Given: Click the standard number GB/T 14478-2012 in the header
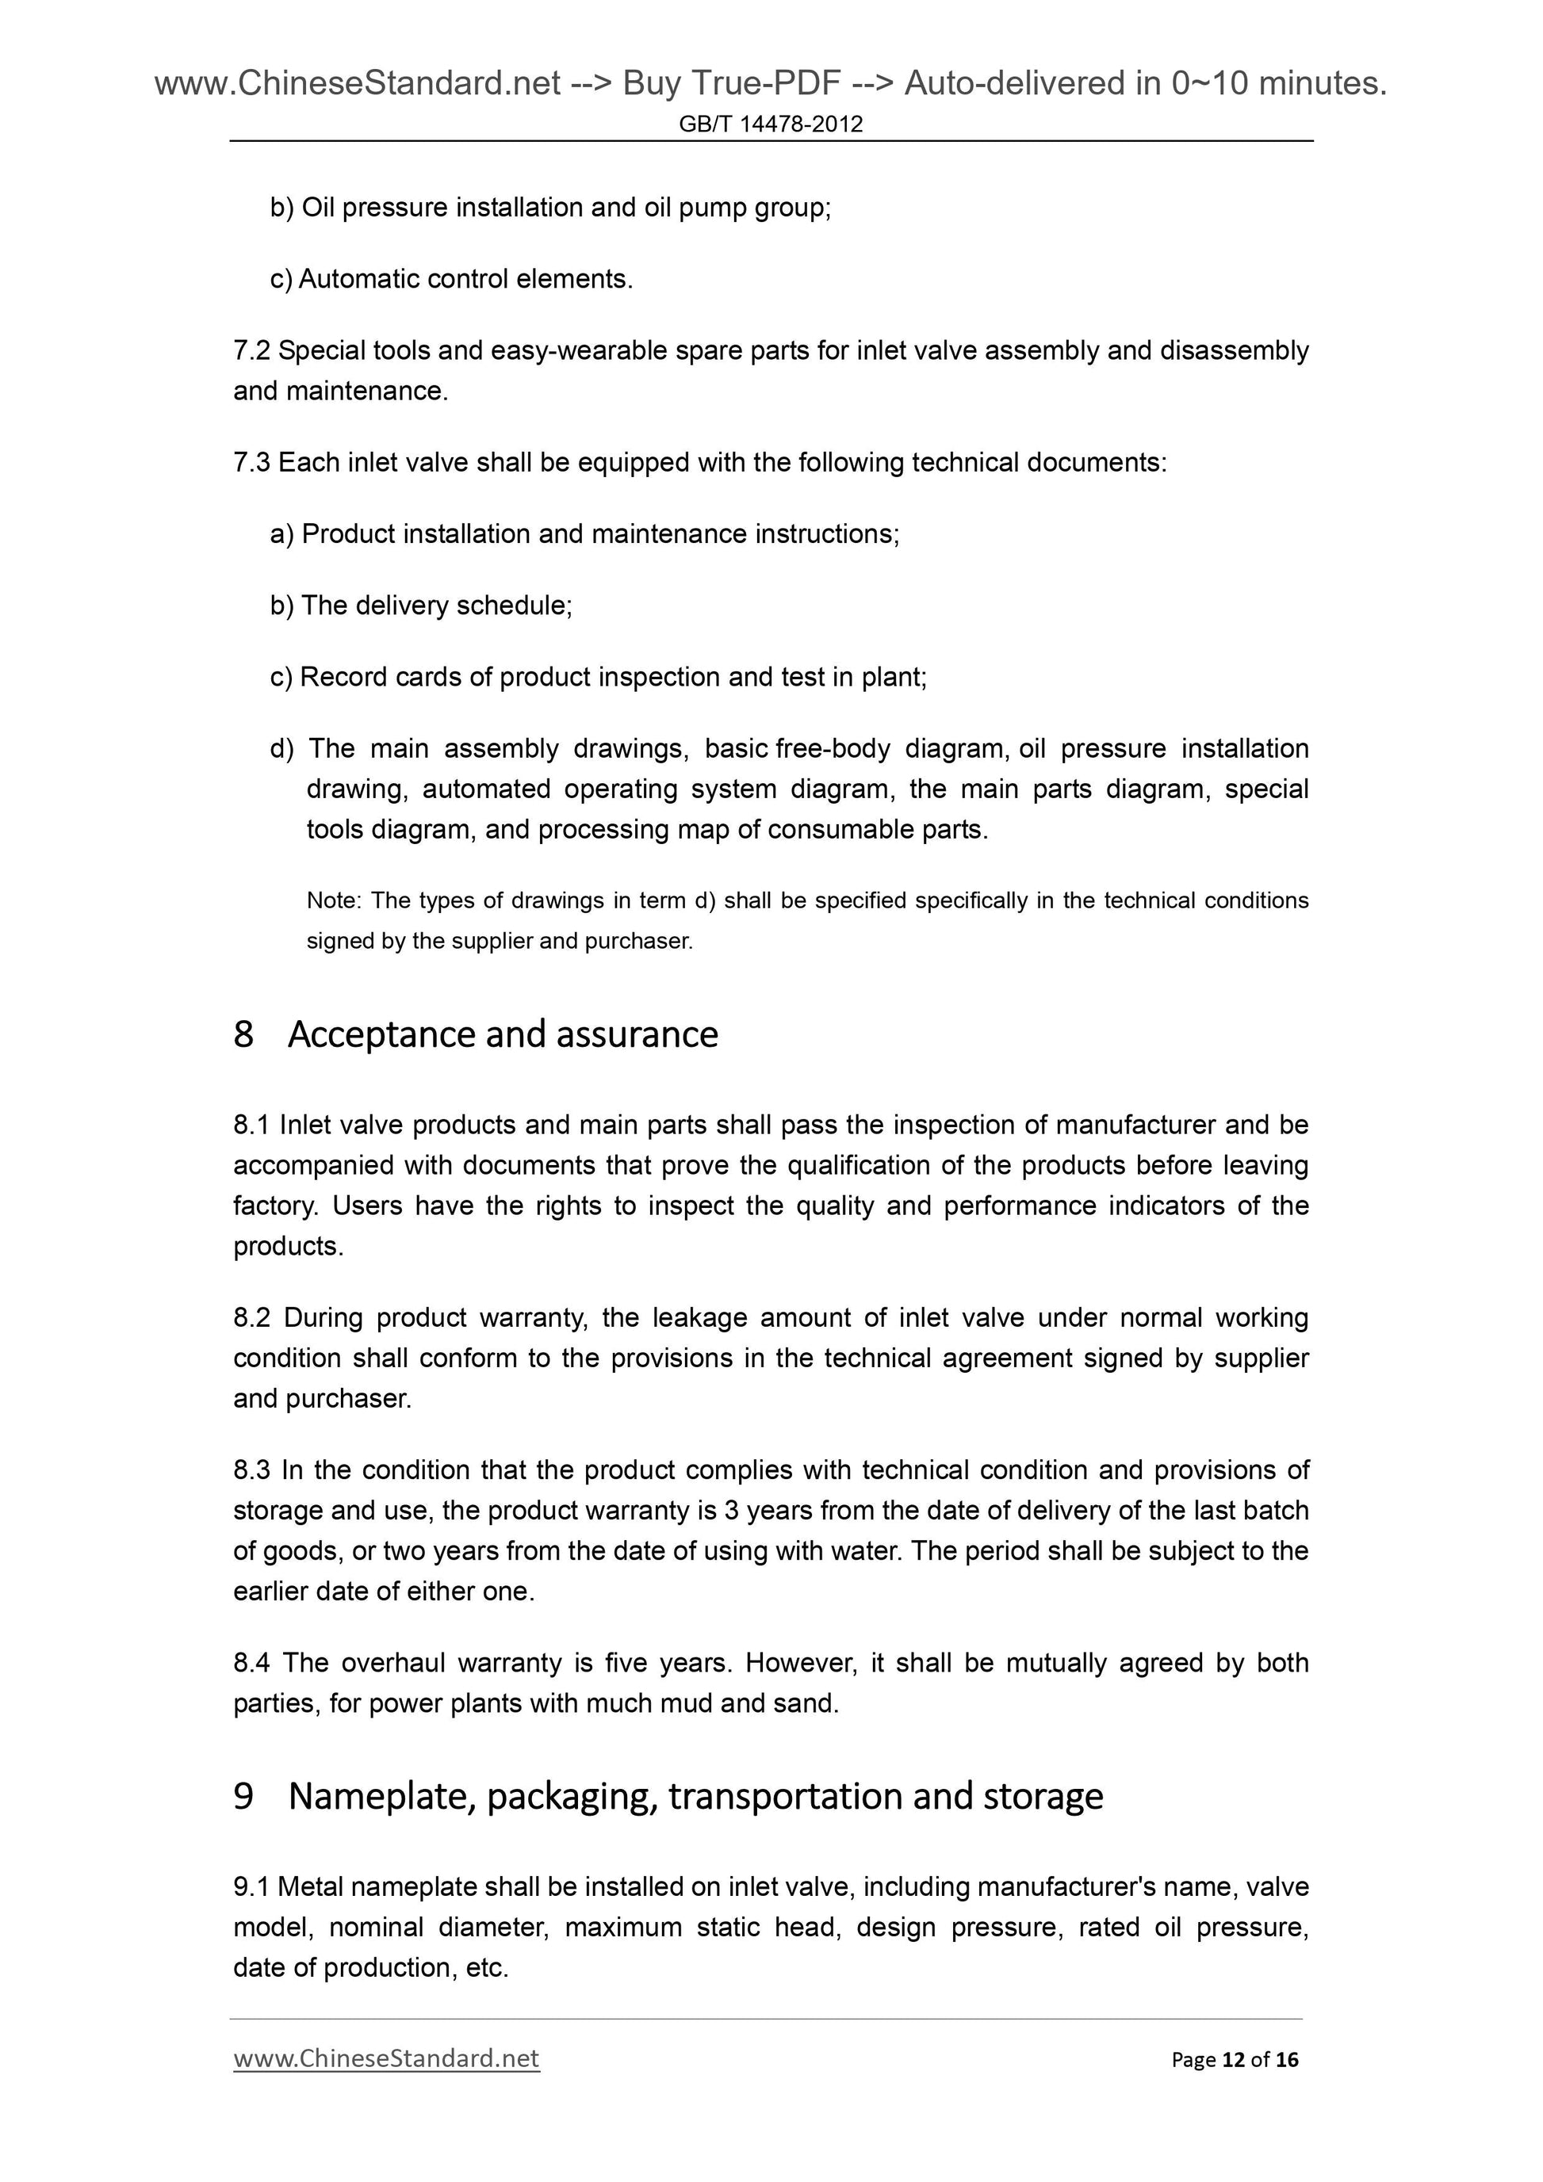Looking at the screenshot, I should (770, 124).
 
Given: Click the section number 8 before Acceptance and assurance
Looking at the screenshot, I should (243, 1034).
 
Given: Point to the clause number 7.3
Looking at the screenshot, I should (252, 463).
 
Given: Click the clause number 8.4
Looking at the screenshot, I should (252, 1663).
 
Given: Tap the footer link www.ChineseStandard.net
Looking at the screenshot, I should (386, 2058).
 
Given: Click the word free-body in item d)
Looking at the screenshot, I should (833, 749).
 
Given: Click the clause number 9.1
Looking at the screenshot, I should (252, 1886).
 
